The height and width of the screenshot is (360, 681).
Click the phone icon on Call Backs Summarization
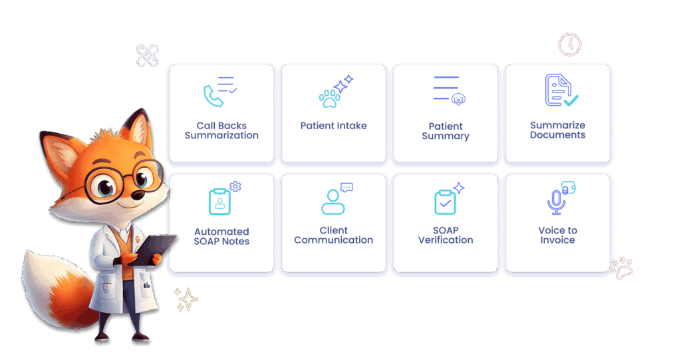(213, 96)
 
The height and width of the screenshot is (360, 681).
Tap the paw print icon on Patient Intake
(330, 98)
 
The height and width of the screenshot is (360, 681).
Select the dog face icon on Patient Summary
(458, 100)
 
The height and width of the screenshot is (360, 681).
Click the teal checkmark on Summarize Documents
(571, 100)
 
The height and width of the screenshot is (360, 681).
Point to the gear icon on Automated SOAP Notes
(235, 186)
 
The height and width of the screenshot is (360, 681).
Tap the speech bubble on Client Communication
(346, 188)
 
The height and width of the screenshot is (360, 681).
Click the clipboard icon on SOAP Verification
(445, 202)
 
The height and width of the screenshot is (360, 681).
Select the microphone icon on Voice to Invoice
(556, 202)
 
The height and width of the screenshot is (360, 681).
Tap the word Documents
(558, 135)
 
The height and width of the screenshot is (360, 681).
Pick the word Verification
(446, 240)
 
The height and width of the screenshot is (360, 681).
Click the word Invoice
(558, 240)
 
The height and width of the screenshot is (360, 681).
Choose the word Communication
(334, 240)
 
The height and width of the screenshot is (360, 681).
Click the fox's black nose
(138, 194)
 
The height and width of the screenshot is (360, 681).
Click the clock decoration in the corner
(569, 45)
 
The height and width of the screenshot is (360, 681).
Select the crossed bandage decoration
(148, 56)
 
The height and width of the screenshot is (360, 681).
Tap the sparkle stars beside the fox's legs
(186, 299)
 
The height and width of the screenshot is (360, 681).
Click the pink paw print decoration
(622, 268)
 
